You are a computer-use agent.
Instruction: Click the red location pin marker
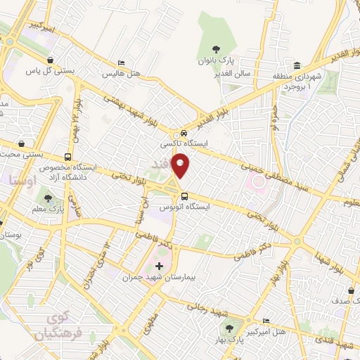click(x=182, y=165)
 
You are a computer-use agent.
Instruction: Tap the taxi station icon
click(x=184, y=132)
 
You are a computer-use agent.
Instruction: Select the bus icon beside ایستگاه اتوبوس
click(x=184, y=196)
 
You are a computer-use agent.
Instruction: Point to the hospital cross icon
click(x=159, y=266)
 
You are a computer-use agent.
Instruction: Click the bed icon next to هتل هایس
click(x=122, y=63)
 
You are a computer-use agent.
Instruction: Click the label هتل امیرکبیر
click(x=266, y=330)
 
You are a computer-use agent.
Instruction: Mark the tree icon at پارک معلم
click(x=49, y=198)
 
